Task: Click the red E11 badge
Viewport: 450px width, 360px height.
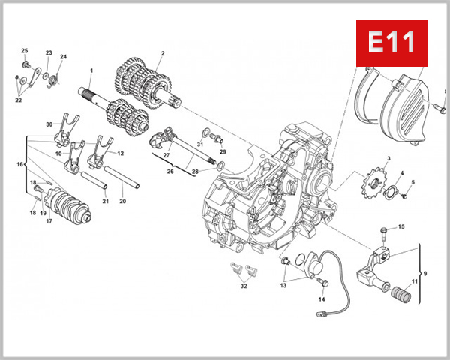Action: (391, 43)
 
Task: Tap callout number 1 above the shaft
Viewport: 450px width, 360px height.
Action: (91, 71)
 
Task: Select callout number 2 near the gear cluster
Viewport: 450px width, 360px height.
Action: (162, 53)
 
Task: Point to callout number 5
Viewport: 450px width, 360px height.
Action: (412, 182)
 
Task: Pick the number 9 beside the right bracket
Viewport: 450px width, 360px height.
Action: (425, 272)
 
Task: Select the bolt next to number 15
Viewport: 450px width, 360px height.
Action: (384, 229)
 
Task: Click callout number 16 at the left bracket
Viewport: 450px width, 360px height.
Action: (20, 163)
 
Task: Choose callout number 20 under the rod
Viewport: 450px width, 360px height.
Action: (123, 201)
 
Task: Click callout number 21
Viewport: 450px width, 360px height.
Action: (105, 201)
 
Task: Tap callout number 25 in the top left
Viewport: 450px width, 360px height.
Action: (24, 50)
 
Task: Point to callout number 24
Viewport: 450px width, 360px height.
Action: (63, 57)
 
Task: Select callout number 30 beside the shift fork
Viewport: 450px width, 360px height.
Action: (49, 124)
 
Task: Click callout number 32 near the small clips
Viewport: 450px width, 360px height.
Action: (244, 286)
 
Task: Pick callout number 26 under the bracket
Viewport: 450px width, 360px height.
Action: (170, 172)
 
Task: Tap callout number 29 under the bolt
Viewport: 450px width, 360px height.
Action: (223, 152)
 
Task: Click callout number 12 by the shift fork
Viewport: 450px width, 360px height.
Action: (120, 153)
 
